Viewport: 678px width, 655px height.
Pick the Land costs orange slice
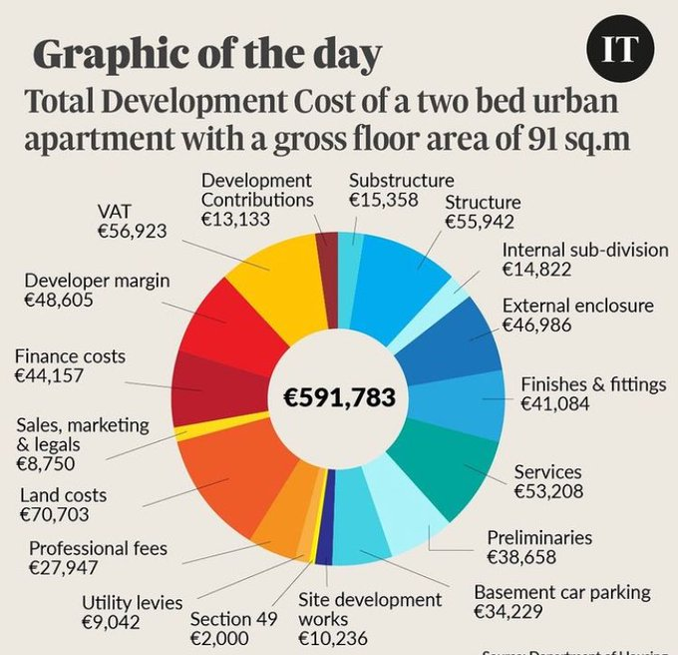point(224,469)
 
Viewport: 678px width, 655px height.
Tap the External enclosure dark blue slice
point(460,334)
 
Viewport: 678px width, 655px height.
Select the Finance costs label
point(70,354)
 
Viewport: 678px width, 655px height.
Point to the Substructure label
point(401,180)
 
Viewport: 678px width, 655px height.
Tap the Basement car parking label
point(562,592)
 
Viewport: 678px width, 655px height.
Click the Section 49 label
point(233,619)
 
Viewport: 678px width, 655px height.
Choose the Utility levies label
point(132,602)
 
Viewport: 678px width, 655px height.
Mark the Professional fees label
point(98,548)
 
